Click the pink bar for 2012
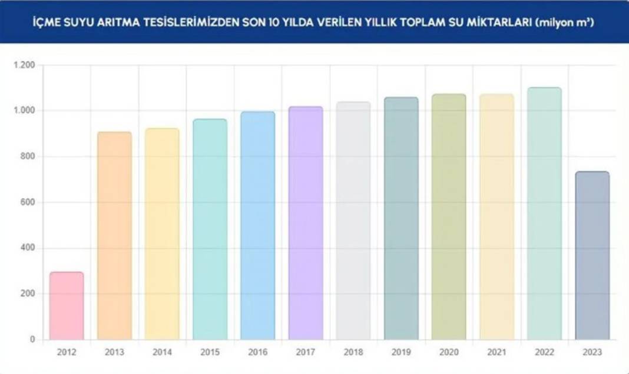[x=67, y=306]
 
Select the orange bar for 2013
[x=114, y=235]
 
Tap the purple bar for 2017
[x=306, y=223]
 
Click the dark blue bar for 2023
[x=592, y=256]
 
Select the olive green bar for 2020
[x=449, y=217]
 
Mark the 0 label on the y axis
[x=33, y=339]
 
